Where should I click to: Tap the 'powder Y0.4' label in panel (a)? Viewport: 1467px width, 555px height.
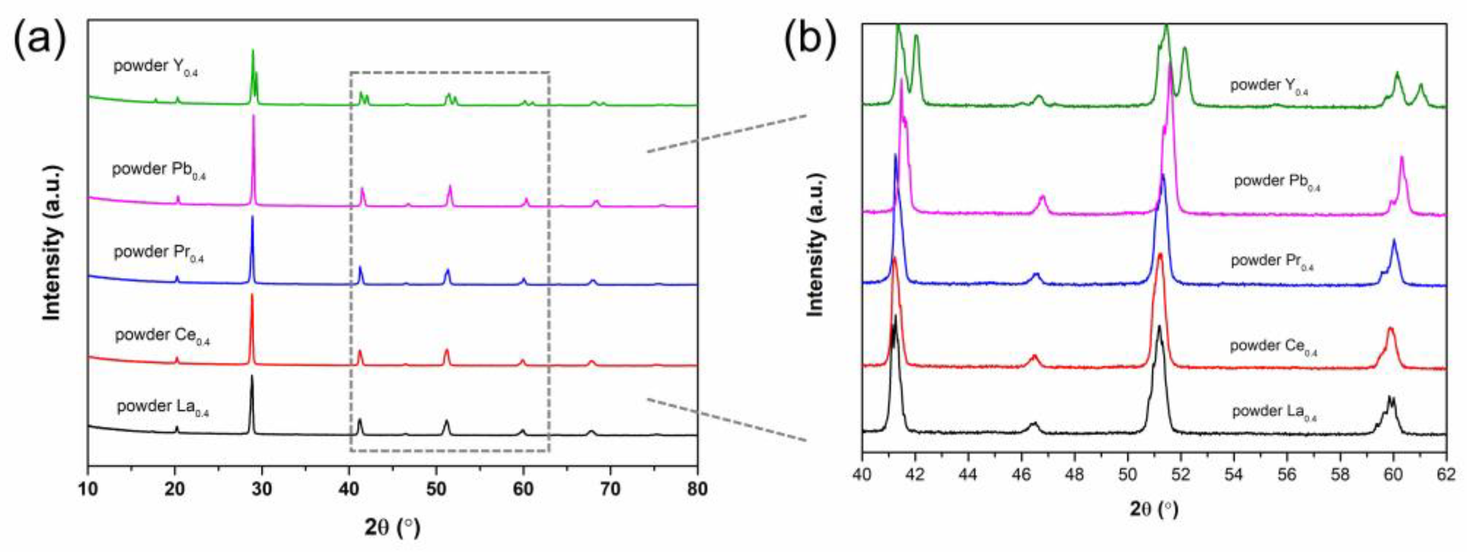tap(155, 67)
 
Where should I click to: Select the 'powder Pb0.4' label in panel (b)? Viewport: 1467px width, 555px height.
tap(1277, 182)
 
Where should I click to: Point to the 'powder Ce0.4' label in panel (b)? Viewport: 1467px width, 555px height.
tap(1273, 347)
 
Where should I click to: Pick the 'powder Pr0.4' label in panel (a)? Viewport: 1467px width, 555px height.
tap(159, 253)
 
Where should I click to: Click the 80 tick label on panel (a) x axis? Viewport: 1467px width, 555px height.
tap(697, 489)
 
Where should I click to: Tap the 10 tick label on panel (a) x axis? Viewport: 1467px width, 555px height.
tap(88, 489)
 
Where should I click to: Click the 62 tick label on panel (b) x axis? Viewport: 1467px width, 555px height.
tap(1446, 475)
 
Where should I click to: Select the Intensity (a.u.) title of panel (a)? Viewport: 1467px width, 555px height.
tap(52, 243)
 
